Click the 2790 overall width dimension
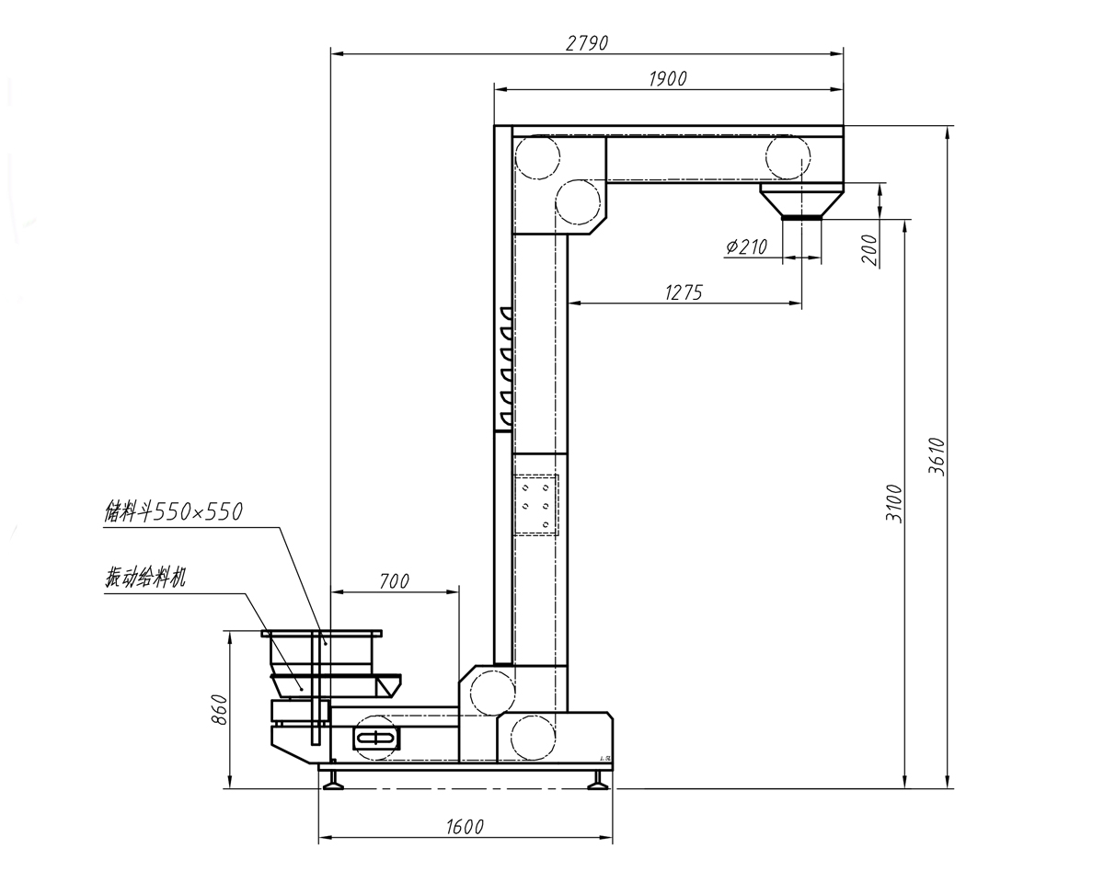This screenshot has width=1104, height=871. [587, 43]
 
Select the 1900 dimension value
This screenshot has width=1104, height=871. [668, 79]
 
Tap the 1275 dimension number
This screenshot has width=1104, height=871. [684, 292]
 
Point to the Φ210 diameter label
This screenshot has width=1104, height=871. [746, 246]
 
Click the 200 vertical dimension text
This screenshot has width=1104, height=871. [868, 249]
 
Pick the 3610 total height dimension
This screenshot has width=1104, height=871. [937, 456]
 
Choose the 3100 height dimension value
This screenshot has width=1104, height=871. [894, 503]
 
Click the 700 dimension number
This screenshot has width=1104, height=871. [395, 581]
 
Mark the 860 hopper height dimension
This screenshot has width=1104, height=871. [220, 709]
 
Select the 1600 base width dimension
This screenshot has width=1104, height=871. [465, 827]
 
